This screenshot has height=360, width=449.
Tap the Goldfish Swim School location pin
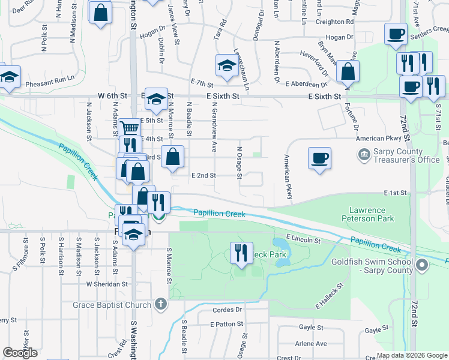[422, 265]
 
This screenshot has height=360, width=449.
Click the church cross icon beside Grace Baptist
[160, 305]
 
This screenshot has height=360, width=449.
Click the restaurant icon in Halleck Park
[241, 252]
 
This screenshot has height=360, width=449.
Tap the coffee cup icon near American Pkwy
[319, 158]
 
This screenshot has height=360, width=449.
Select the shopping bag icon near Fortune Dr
[348, 72]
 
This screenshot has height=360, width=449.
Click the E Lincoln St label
[304, 240]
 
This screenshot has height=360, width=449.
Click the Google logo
[20, 353]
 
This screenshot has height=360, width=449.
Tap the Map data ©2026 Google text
[411, 355]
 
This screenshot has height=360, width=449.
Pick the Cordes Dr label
[227, 310]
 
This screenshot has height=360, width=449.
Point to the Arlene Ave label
[311, 344]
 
